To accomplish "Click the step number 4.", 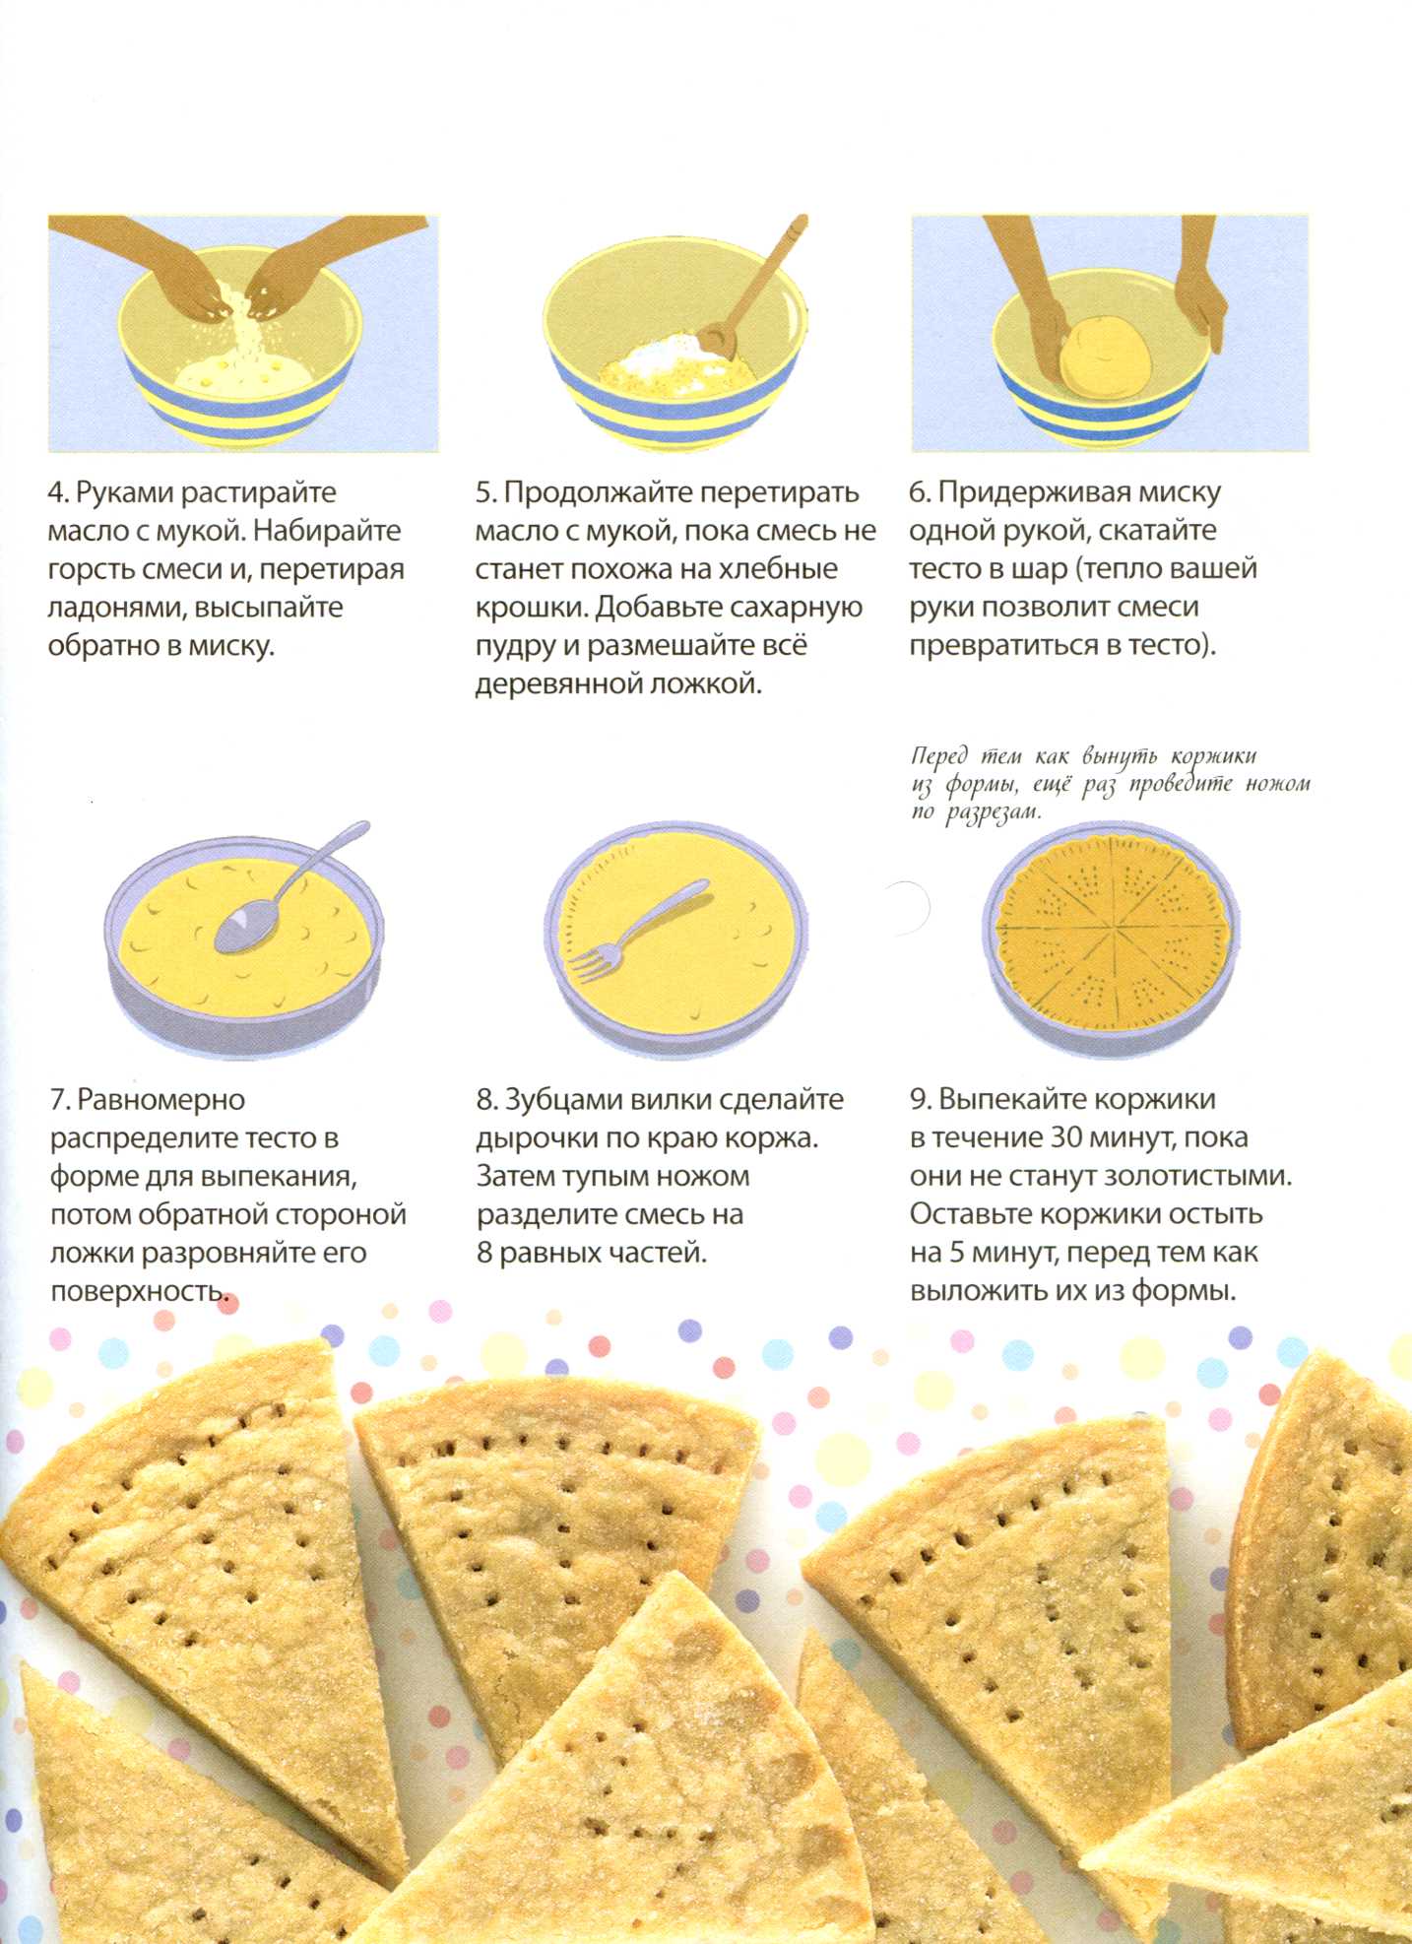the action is tap(56, 492).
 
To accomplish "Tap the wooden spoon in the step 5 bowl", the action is tap(757, 286).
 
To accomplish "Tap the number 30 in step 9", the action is tap(1066, 1138).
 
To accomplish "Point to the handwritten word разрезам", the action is tap(993, 813).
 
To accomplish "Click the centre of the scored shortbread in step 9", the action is tap(1116, 926).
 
